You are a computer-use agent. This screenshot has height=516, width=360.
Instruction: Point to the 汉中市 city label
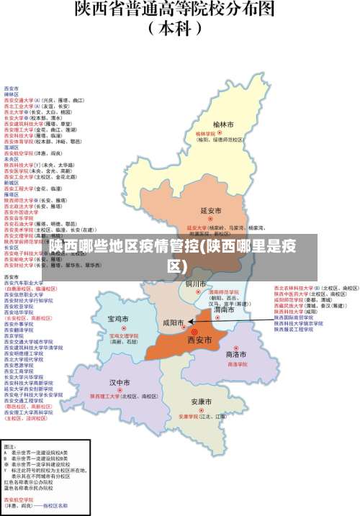120,382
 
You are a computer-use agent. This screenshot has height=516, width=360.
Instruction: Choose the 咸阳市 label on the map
174,323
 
